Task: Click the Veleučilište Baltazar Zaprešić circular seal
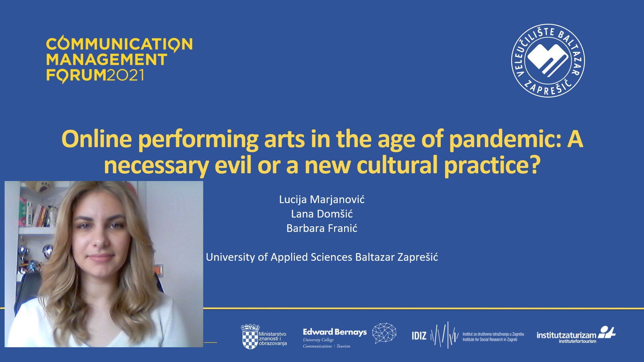coord(548,61)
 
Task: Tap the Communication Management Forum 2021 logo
coord(119,59)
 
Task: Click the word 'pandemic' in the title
coord(505,139)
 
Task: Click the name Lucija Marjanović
coord(322,199)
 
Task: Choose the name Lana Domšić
coord(322,214)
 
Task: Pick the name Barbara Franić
coord(322,228)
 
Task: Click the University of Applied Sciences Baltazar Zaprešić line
coord(322,257)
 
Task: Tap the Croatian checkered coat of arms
coord(250,337)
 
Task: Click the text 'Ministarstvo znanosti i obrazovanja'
coord(273,339)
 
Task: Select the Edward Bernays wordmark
coord(335,332)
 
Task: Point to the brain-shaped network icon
coord(384,333)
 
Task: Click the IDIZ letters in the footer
coord(419,336)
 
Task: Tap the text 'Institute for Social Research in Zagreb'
coord(490,340)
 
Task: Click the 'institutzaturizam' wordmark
coord(566,335)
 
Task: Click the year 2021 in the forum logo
coord(125,75)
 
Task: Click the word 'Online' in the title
coord(97,139)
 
